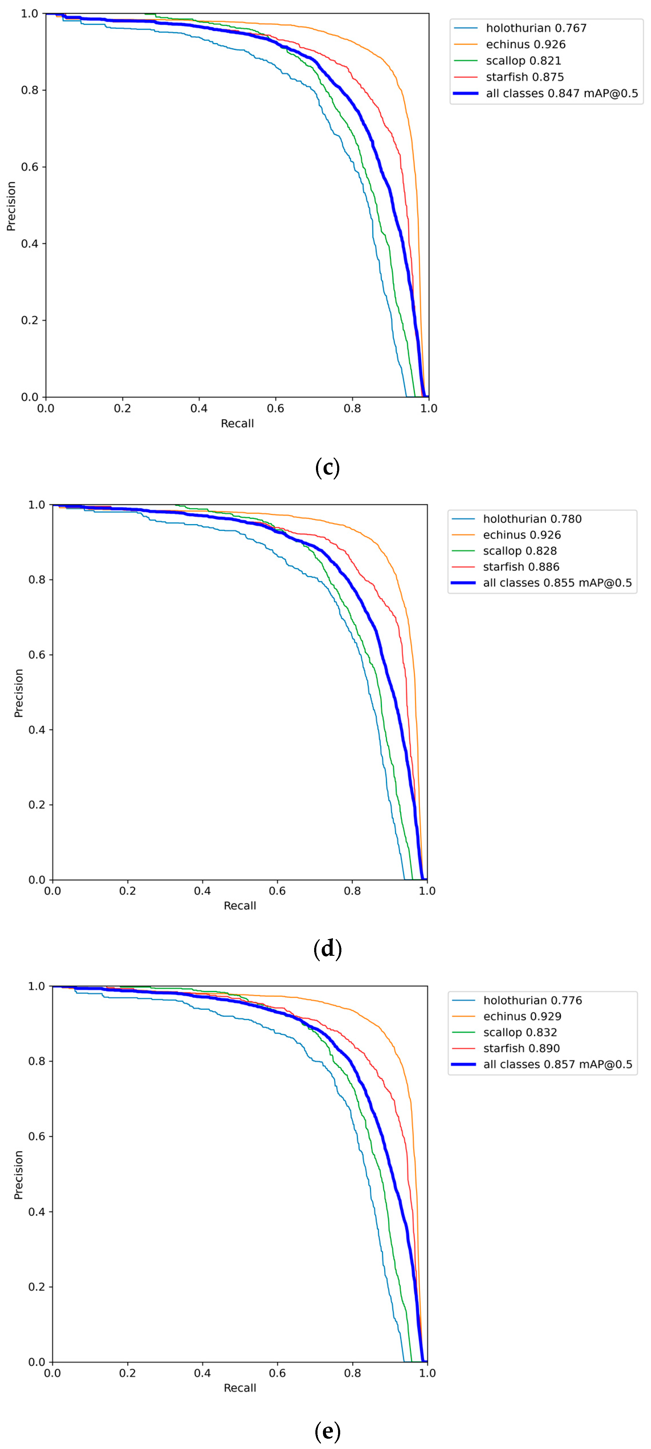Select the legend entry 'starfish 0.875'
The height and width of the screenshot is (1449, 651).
(524, 77)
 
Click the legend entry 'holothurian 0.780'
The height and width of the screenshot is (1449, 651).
(532, 519)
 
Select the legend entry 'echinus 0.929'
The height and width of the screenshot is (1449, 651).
(522, 1016)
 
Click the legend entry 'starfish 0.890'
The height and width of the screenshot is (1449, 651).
(521, 1048)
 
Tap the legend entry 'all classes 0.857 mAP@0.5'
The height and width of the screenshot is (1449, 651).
(557, 1064)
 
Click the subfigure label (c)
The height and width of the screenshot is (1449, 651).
(327, 467)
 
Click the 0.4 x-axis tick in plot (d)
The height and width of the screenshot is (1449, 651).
(202, 890)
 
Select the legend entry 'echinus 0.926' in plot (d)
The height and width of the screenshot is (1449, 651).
(522, 535)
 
